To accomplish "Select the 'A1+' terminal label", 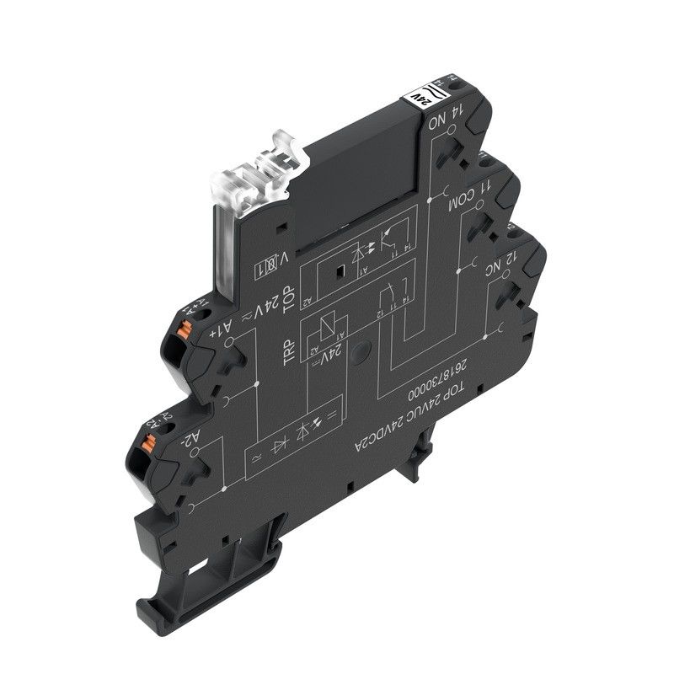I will coord(218,326).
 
